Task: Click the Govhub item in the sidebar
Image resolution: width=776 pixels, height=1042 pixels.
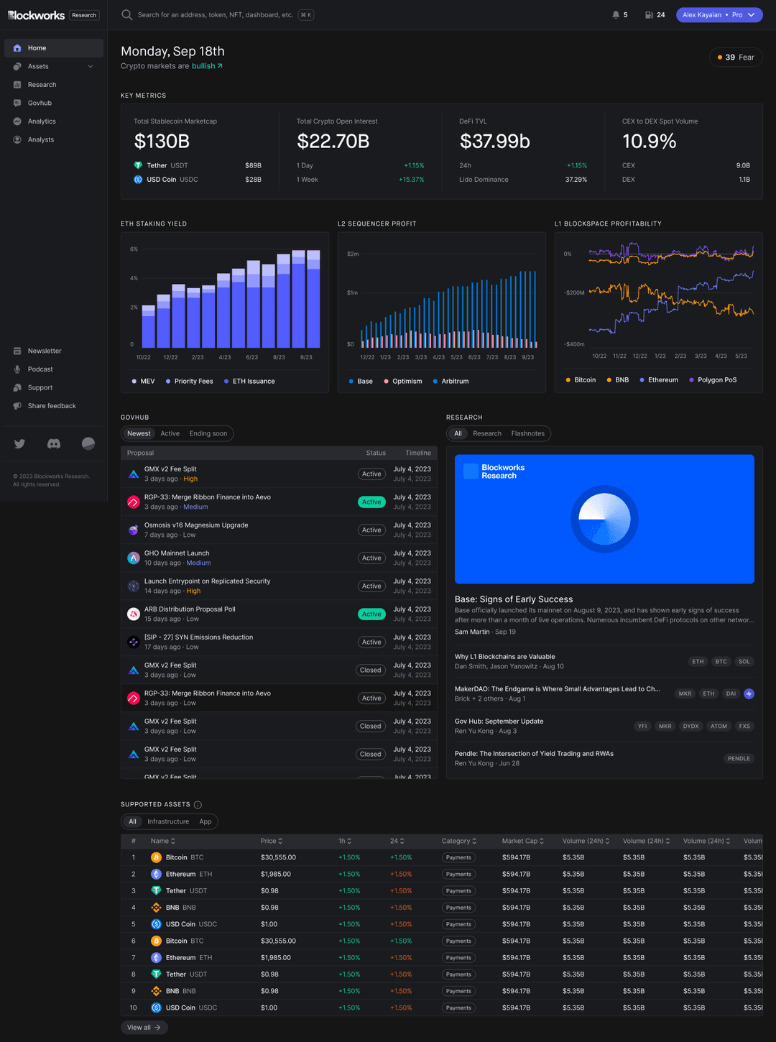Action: tap(40, 103)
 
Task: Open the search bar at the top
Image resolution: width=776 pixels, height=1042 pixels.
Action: tap(216, 15)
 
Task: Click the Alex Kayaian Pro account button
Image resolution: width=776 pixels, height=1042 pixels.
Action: tap(719, 15)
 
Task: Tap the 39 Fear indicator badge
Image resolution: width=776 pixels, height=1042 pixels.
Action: tap(736, 57)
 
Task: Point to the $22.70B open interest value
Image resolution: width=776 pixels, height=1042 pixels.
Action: tap(333, 142)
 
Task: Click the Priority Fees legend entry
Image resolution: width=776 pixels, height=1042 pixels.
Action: tap(193, 382)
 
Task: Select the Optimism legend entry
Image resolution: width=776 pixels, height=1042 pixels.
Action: tap(407, 382)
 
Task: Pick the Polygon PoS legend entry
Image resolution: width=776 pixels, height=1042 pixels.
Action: tap(716, 380)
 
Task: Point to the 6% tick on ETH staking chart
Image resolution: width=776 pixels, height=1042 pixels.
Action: tap(134, 249)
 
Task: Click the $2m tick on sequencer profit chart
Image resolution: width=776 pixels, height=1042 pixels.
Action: tap(353, 254)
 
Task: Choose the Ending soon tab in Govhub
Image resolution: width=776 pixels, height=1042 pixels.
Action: tap(208, 434)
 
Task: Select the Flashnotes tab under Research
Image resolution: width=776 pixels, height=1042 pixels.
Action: tap(527, 434)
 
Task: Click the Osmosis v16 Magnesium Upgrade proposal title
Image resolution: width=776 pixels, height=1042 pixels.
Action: tap(196, 525)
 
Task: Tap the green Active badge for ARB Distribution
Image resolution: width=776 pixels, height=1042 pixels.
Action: tap(371, 614)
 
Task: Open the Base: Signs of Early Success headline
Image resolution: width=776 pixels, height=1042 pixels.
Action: tap(514, 599)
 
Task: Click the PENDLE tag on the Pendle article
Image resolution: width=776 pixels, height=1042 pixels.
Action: tap(738, 759)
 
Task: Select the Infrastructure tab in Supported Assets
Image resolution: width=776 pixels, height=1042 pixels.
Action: tap(168, 822)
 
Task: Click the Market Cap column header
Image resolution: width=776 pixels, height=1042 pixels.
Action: tap(522, 842)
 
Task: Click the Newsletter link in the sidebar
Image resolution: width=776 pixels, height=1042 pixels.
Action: tap(45, 351)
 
